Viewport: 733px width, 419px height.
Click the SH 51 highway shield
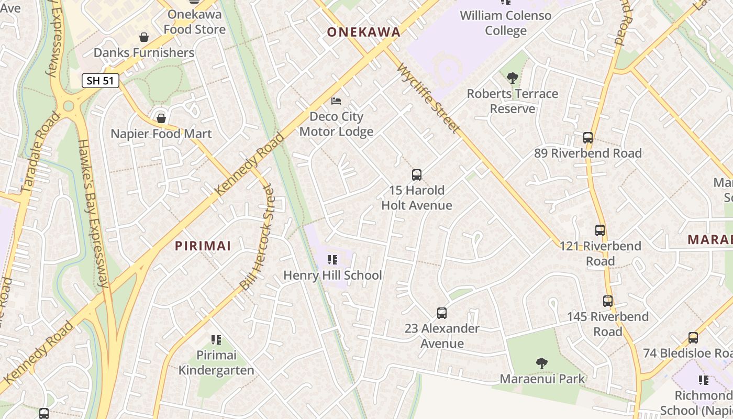(x=101, y=81)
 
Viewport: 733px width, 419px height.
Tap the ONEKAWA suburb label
(x=363, y=32)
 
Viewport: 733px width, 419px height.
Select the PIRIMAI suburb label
(x=203, y=246)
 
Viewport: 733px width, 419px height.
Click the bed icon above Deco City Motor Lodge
(x=336, y=101)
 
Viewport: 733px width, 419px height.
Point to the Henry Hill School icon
(x=332, y=260)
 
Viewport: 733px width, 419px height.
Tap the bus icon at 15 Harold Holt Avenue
(x=416, y=175)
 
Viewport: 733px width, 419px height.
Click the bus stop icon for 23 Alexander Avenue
(x=442, y=313)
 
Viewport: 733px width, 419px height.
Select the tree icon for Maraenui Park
(x=541, y=363)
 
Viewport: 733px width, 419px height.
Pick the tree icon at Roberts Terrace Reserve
(x=513, y=79)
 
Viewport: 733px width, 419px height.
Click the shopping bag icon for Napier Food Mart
(x=161, y=118)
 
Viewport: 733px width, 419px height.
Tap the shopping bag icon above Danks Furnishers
(x=144, y=37)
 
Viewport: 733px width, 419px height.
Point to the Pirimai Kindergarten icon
(x=216, y=340)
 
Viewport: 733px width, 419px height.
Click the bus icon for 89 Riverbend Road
(x=588, y=138)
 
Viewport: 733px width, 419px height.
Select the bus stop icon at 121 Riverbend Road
(x=600, y=230)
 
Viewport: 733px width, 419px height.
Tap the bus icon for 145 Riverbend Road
(x=607, y=301)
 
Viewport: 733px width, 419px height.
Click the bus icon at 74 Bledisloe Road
(x=693, y=338)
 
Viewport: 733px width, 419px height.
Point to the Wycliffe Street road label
(x=429, y=98)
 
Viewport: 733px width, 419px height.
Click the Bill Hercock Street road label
(x=257, y=237)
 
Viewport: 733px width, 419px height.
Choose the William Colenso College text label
(x=505, y=23)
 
